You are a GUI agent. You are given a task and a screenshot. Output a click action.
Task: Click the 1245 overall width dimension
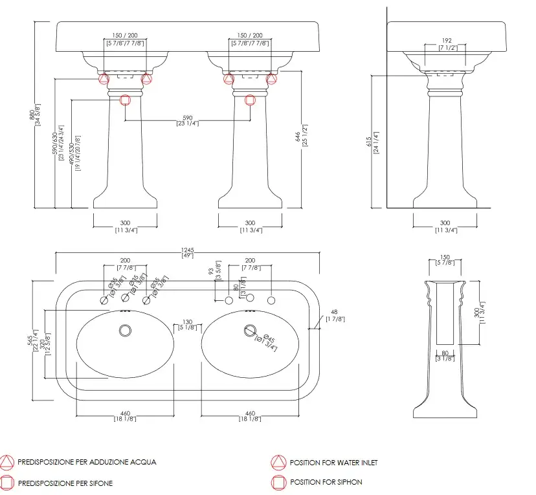pos(188,250)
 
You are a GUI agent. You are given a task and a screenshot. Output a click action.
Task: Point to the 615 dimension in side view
pos(368,142)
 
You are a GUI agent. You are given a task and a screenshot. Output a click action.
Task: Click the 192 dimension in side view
pos(446,40)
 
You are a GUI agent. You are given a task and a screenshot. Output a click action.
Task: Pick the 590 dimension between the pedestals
pos(187,117)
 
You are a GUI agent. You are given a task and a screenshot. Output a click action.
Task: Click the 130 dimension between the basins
pos(187,322)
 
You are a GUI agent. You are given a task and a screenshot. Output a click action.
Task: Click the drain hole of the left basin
pos(125,330)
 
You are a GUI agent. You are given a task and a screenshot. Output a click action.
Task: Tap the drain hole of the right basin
pos(250,330)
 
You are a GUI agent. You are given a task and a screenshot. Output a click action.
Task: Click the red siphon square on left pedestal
pos(125,100)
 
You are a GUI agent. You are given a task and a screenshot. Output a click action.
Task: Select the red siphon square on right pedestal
pos(250,100)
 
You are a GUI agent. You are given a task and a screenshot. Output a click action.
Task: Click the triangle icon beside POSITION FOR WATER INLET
pos(278,463)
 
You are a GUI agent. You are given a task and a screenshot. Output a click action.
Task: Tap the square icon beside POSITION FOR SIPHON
pos(278,482)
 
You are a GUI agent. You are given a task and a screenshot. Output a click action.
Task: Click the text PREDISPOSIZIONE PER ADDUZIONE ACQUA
pos(87,463)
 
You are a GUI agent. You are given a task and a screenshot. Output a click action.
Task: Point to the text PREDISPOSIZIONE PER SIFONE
pos(65,483)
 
